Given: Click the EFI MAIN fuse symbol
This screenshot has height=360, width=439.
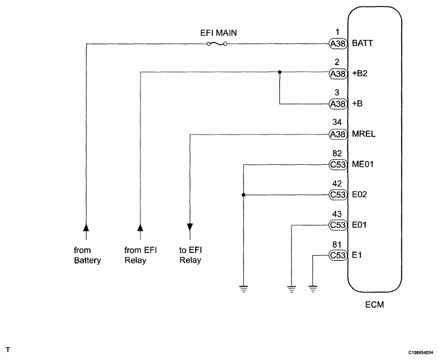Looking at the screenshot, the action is [x=217, y=44].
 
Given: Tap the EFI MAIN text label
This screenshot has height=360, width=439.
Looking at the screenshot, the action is [x=218, y=33].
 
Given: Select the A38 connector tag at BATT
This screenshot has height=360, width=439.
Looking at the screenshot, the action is [x=338, y=44].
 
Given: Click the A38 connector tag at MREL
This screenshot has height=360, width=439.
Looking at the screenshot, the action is [x=338, y=135].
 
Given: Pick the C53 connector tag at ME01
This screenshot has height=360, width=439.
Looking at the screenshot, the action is [x=338, y=165].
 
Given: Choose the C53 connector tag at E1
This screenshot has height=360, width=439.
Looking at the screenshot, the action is [x=338, y=256].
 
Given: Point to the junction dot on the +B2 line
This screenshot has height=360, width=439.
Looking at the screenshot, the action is [x=279, y=72].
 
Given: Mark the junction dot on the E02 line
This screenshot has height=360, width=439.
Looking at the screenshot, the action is [x=243, y=194].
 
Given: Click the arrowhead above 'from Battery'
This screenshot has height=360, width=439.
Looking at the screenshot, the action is [x=86, y=227].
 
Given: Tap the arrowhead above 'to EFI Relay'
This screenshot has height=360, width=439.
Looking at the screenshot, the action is [x=190, y=227].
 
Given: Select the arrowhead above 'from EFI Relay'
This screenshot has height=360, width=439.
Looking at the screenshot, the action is [x=140, y=227].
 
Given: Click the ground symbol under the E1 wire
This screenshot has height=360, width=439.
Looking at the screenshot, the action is [x=313, y=289].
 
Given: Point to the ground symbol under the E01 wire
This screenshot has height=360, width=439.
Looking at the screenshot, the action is [x=292, y=289].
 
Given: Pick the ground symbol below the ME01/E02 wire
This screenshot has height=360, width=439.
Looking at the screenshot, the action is [x=243, y=289].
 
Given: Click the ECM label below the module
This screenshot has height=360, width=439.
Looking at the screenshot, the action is [x=375, y=305].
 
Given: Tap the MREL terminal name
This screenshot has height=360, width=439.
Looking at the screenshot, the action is [x=364, y=134].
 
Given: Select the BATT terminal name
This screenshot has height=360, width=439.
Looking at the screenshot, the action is [x=362, y=43].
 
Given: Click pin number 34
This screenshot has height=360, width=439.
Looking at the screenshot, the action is [x=337, y=122].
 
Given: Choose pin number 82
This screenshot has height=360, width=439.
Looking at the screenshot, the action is [x=337, y=153].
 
